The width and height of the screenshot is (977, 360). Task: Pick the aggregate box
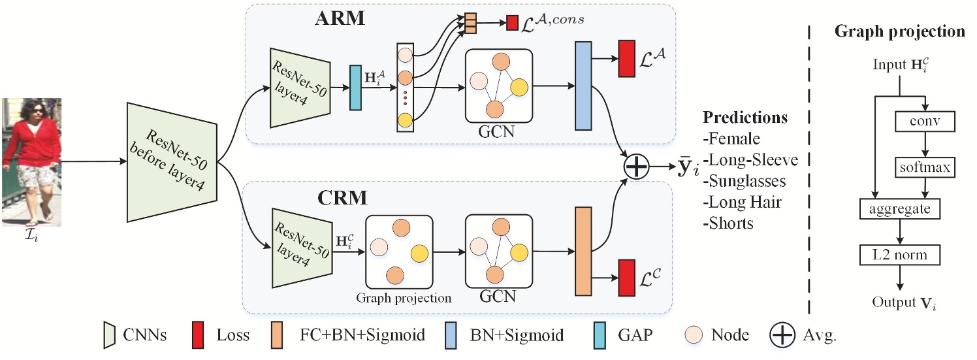900,209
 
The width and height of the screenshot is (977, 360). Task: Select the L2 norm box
900,254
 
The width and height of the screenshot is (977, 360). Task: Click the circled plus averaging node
637,167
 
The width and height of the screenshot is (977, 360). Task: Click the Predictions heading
745,118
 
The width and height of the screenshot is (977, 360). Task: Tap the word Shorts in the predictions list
731,223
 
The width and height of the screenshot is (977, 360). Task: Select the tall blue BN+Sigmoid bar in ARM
583,86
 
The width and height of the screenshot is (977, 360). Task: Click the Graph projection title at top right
901,31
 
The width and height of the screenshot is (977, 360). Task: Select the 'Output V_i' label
900,303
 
